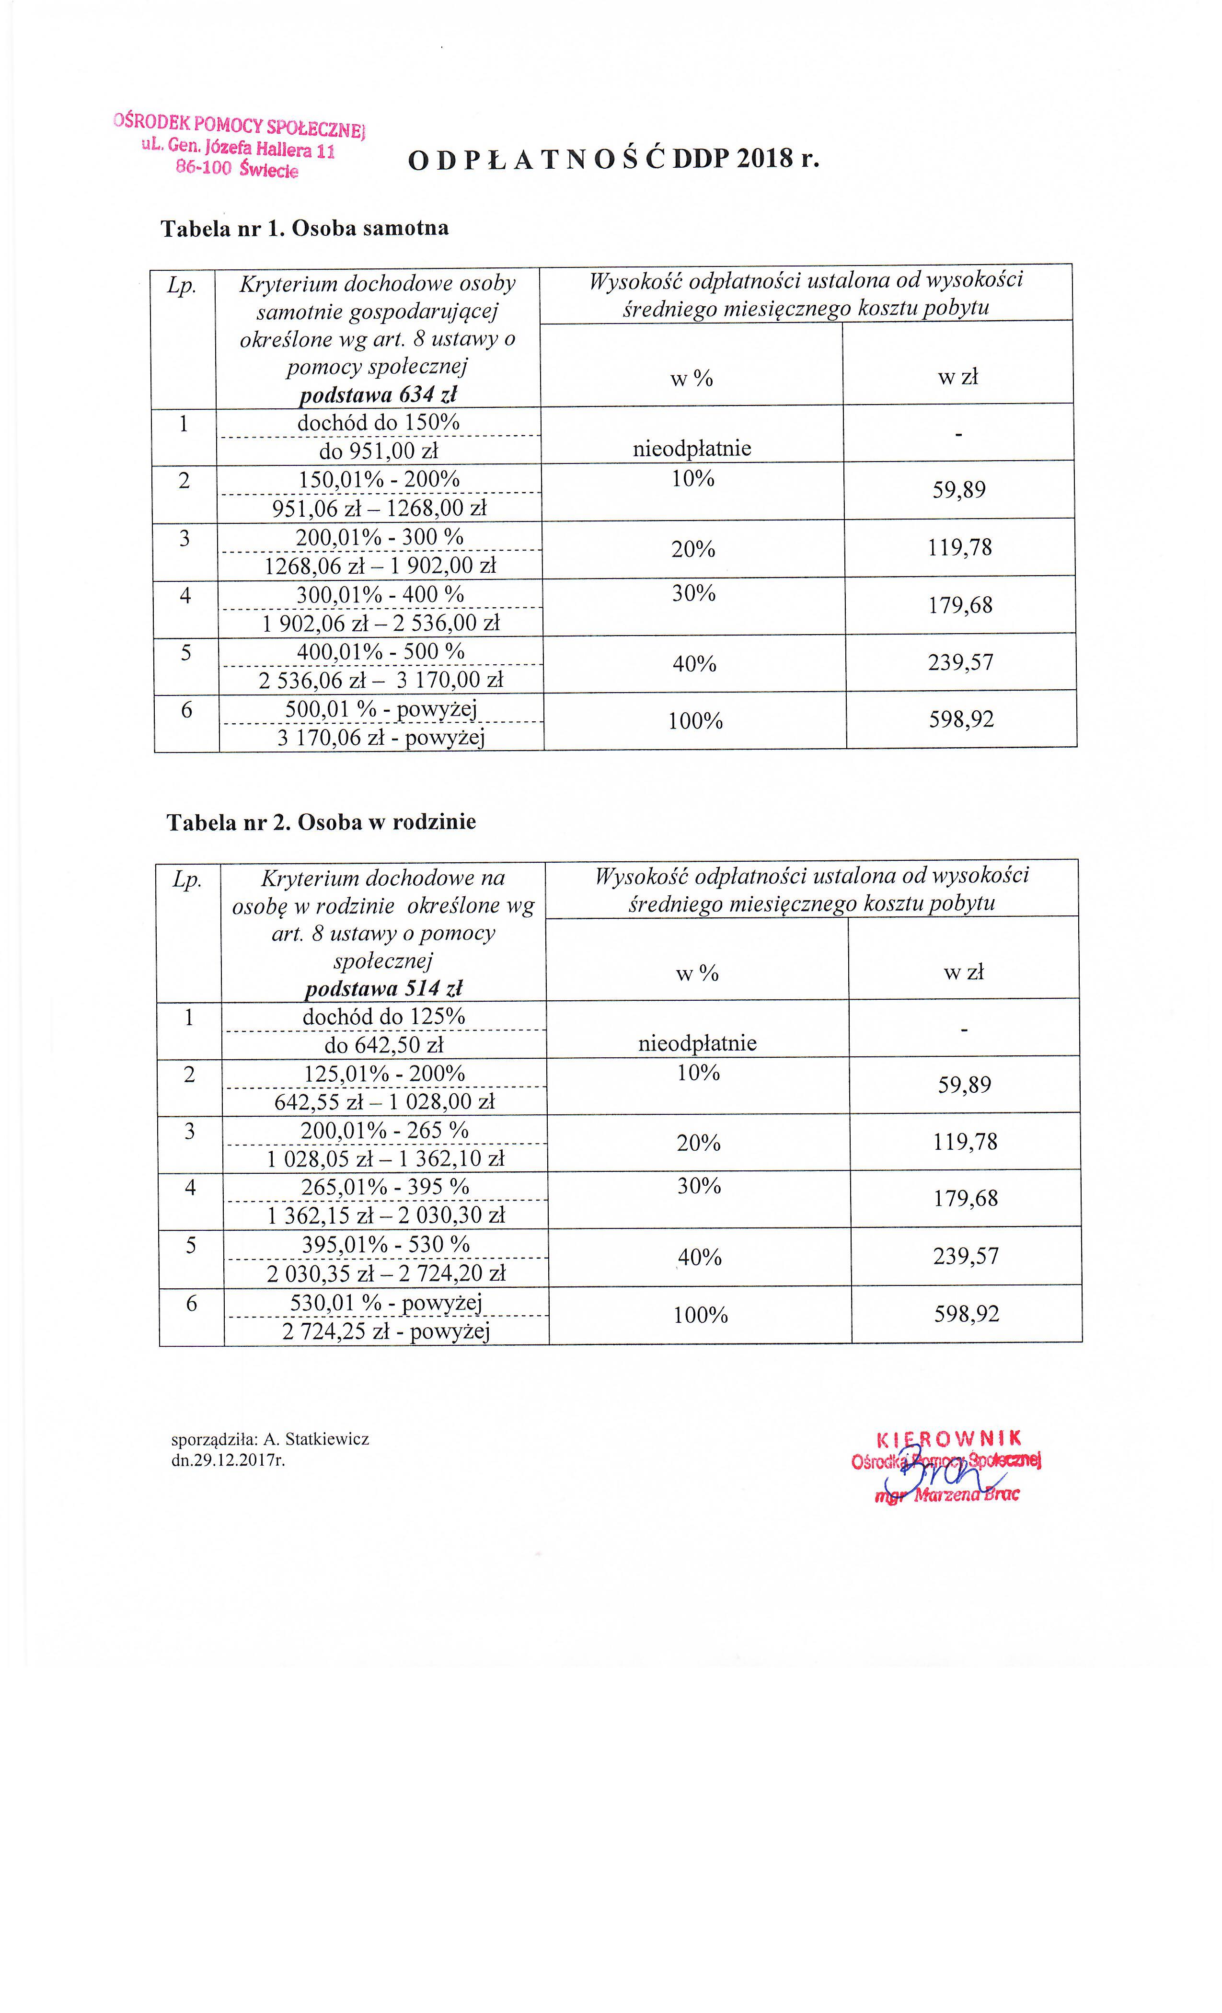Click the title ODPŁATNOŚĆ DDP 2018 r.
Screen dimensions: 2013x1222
coord(612,159)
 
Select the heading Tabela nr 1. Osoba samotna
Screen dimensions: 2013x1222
coord(305,228)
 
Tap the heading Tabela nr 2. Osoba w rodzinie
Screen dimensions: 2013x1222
coord(321,822)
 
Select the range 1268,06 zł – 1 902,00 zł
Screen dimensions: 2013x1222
coord(380,566)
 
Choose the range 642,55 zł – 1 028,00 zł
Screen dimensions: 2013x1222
coord(384,1102)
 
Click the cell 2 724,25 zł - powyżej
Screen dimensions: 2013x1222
coord(386,1332)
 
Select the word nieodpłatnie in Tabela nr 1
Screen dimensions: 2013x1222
coord(692,449)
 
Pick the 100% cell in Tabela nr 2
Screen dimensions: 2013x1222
coord(700,1315)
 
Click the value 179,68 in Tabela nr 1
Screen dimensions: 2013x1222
coord(960,605)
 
